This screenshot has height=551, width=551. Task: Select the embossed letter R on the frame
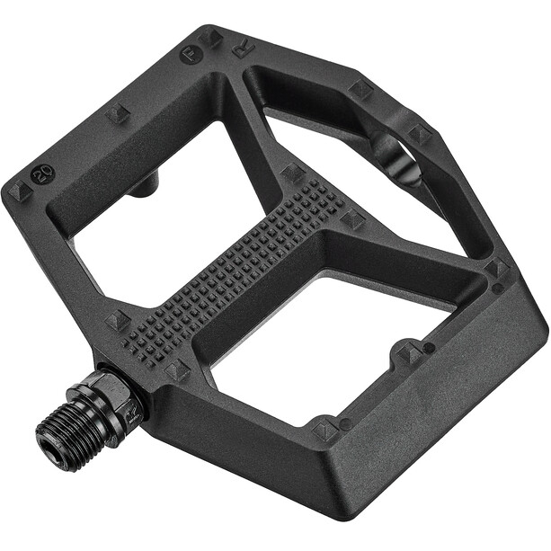click(243, 48)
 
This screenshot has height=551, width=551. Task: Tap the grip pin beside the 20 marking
click(20, 191)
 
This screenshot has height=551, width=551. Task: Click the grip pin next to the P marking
click(212, 38)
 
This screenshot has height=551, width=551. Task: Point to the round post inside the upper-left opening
click(145, 186)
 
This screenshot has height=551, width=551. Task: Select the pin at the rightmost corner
click(497, 269)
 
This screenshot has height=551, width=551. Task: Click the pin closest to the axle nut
click(176, 369)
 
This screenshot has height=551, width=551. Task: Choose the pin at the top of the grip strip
click(292, 171)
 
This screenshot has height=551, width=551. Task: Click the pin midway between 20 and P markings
click(118, 113)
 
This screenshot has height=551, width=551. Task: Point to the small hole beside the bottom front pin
click(345, 422)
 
